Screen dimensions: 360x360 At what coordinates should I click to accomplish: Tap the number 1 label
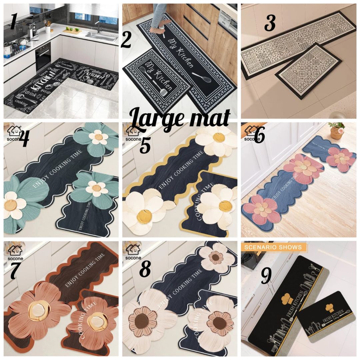(x=13, y=22)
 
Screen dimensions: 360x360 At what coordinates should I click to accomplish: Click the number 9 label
(x=265, y=275)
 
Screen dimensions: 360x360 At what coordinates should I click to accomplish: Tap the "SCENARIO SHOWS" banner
(x=273, y=247)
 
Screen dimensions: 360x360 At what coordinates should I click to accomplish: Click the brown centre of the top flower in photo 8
(x=216, y=257)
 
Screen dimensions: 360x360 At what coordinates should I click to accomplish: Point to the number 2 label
(x=126, y=41)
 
